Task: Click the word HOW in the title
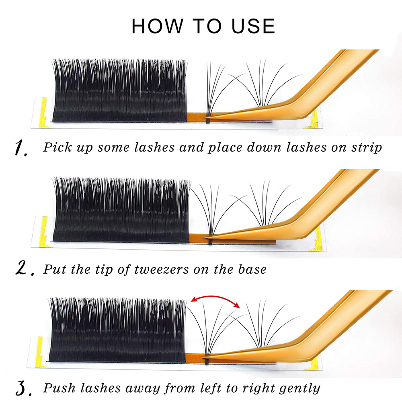pyautogui.click(x=158, y=26)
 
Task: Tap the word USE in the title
pyautogui.click(x=253, y=26)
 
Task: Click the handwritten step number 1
pyautogui.click(x=21, y=148)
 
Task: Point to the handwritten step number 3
pyautogui.click(x=24, y=388)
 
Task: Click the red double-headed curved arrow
pyautogui.click(x=215, y=297)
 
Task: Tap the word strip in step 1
pyautogui.click(x=367, y=148)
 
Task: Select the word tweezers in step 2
pyautogui.click(x=162, y=269)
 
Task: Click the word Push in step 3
pyautogui.click(x=59, y=388)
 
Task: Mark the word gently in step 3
pyautogui.click(x=300, y=389)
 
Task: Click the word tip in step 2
pyautogui.click(x=104, y=270)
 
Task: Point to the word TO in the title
pyautogui.click(x=207, y=26)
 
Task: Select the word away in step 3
pyautogui.click(x=142, y=389)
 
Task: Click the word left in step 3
pyautogui.click(x=211, y=388)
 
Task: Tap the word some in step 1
pyautogui.click(x=113, y=148)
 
